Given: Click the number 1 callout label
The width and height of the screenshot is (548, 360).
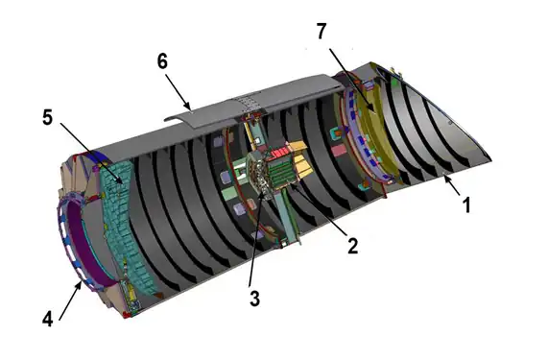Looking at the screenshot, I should (x=465, y=204).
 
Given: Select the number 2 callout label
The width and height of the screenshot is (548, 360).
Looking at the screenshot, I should (x=352, y=246).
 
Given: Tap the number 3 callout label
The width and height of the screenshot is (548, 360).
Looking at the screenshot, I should (x=254, y=298).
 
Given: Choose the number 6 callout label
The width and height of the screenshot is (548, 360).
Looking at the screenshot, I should (x=163, y=60).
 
